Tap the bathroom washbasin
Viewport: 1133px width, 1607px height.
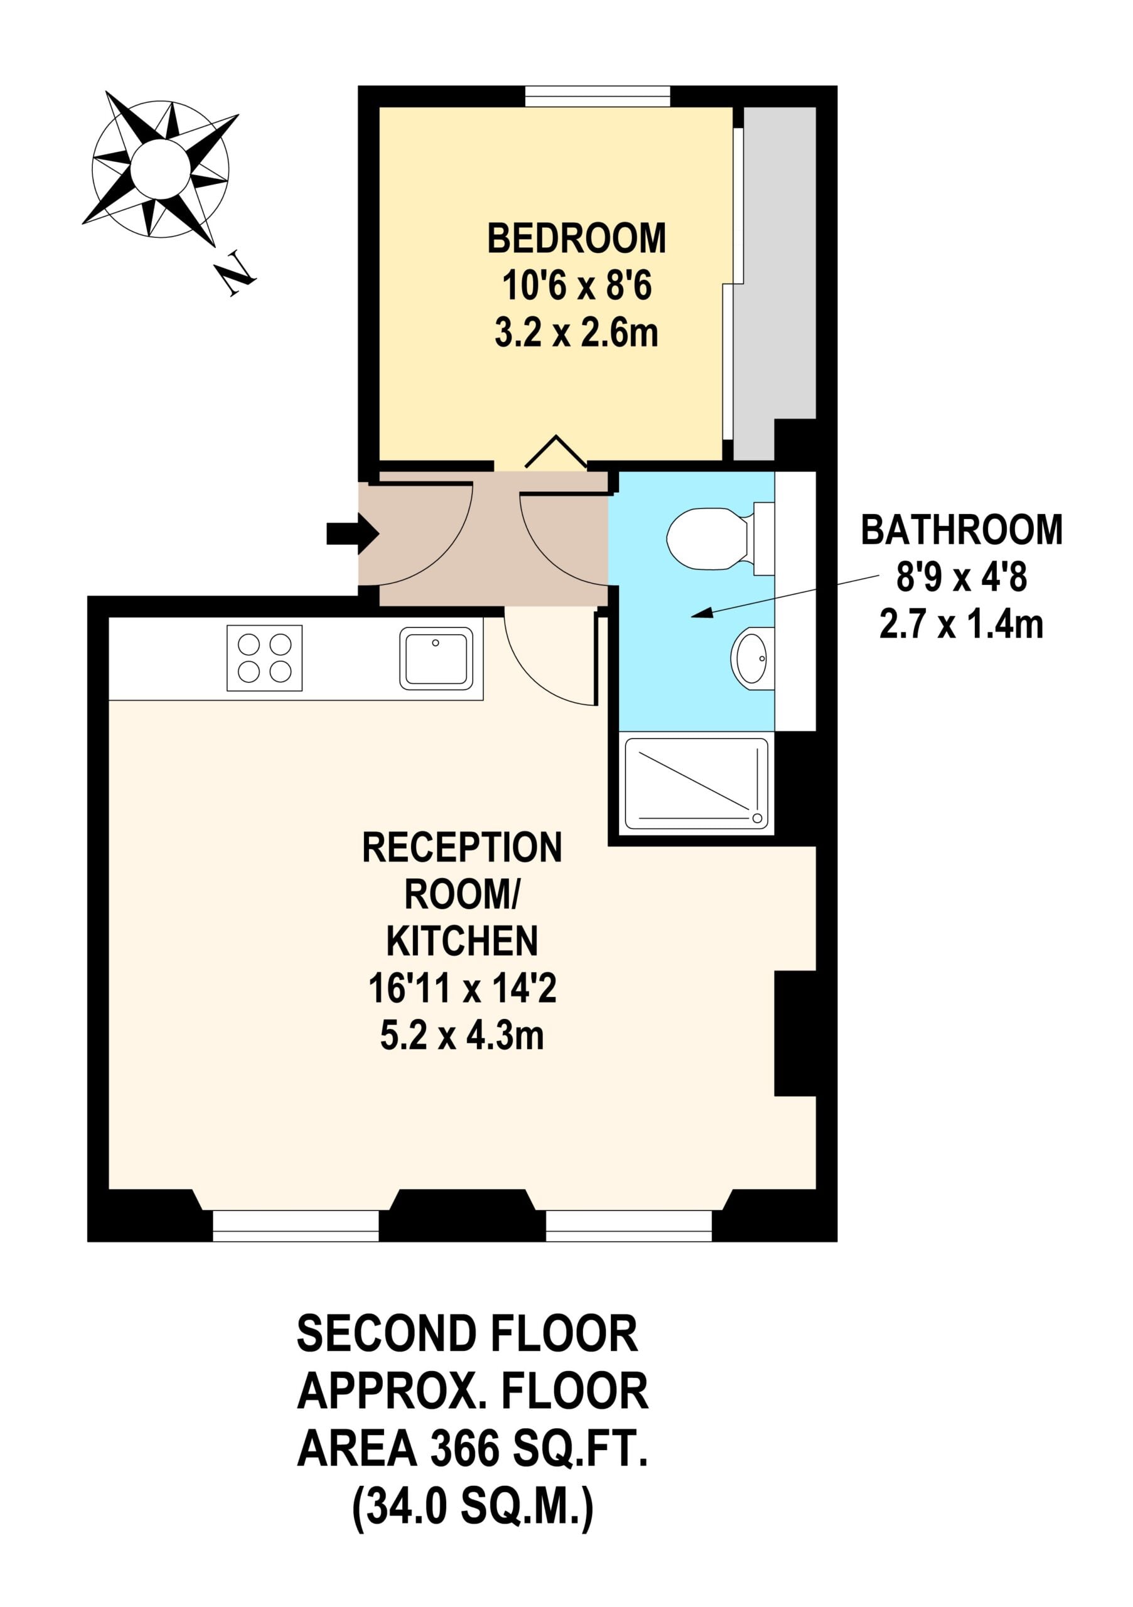point(753,658)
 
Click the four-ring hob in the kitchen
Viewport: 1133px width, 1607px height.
point(264,658)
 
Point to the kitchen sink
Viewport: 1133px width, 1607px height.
point(436,658)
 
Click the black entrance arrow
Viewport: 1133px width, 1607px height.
point(353,534)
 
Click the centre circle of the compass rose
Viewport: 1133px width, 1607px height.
point(160,168)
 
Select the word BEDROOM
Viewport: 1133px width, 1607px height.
point(576,239)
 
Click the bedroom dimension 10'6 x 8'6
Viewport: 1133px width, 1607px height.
point(577,286)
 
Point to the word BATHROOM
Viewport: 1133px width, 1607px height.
point(961,530)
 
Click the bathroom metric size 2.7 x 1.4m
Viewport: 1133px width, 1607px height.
point(961,625)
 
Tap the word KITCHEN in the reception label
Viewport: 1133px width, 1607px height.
point(462,942)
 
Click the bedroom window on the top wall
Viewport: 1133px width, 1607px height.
point(598,97)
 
